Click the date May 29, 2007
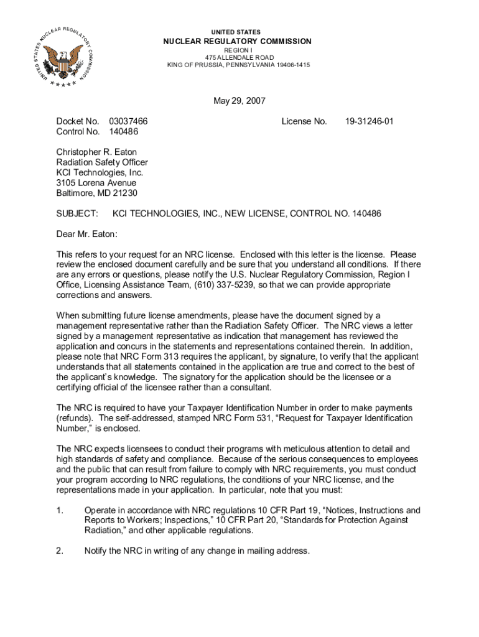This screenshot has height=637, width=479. click(239, 101)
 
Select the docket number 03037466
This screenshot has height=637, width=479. click(128, 121)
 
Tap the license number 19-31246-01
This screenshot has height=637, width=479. click(369, 121)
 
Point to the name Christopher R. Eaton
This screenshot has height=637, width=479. click(96, 152)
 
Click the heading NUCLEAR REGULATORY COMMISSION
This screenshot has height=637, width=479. click(237, 41)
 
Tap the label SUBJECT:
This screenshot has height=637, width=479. click(77, 214)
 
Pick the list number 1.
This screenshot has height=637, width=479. click(60, 511)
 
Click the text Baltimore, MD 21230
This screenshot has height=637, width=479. click(96, 193)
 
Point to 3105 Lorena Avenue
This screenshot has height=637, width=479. click(96, 183)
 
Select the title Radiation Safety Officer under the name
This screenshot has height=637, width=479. click(102, 162)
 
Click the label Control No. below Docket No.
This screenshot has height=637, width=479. click(78, 132)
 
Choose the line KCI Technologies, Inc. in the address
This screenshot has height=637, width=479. click(100, 172)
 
